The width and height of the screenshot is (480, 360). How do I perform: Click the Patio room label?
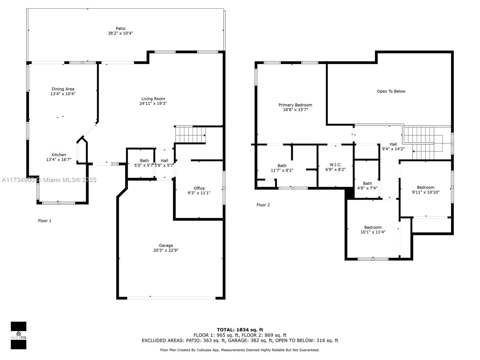point(120,28)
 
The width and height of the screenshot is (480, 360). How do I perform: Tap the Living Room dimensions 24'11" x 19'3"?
point(153,103)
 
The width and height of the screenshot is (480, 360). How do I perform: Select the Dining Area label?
point(63,89)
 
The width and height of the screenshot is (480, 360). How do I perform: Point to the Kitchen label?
point(58,155)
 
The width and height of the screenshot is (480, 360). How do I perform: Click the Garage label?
point(166,245)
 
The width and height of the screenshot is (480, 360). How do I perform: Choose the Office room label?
point(199,188)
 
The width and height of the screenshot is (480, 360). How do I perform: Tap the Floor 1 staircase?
point(190,135)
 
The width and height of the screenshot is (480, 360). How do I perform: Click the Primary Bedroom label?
point(295,105)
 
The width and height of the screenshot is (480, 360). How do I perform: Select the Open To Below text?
point(391,91)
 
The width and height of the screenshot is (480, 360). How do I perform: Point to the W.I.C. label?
point(335,165)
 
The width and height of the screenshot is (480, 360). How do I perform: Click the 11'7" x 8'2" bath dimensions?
point(282,170)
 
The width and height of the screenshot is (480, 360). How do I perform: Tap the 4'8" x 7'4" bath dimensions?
point(367,188)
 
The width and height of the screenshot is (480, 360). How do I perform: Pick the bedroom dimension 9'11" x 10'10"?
point(425,192)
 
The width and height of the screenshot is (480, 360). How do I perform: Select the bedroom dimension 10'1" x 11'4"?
point(373,232)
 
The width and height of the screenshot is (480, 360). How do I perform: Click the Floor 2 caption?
point(263,205)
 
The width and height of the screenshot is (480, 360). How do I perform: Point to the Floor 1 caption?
point(45,221)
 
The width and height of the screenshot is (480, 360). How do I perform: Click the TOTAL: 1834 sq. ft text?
point(240,330)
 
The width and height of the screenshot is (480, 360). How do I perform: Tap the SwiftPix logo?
point(19,335)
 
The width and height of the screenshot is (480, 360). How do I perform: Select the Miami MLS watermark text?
point(49,180)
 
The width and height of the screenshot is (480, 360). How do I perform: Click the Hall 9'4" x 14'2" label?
point(393,146)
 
